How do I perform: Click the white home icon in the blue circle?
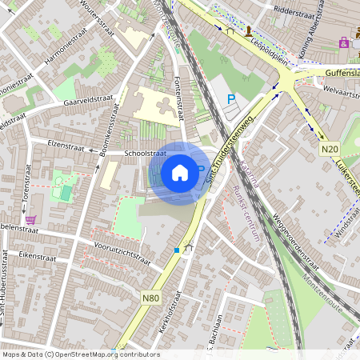pyautogui.click(x=180, y=172)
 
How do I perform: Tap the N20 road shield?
pyautogui.click(x=329, y=149)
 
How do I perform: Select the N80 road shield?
pyautogui.click(x=150, y=298)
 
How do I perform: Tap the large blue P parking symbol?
pyautogui.click(x=232, y=99)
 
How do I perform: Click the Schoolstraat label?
pyautogui.click(x=145, y=152)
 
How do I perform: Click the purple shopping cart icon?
pyautogui.click(x=31, y=218)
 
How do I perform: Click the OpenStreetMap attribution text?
pyautogui.click(x=80, y=354)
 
